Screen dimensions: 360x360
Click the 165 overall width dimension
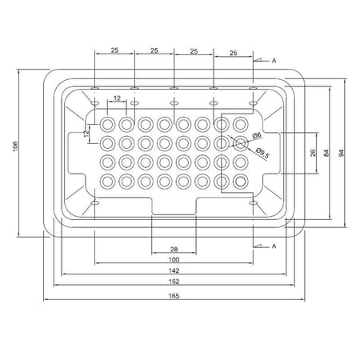coord(174,295)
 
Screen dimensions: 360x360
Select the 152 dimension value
coord(174,282)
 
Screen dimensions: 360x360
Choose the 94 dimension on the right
coord(342,152)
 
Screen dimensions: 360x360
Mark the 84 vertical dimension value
coord(326,152)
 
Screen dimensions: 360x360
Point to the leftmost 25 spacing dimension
coord(114,50)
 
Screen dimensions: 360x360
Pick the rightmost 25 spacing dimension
coord(232,53)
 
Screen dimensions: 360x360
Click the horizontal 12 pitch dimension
coord(118,98)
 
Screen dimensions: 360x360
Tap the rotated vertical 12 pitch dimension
coord(88,133)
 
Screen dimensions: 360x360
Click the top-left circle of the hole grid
coord(108,125)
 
